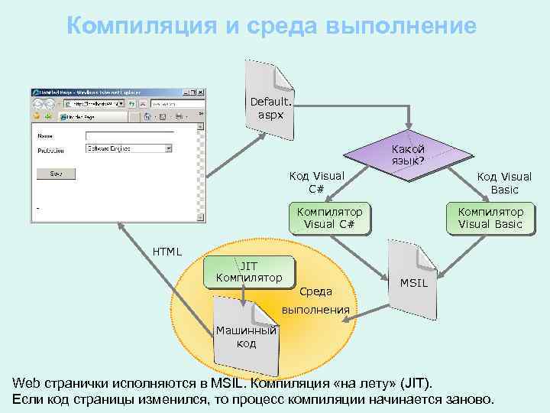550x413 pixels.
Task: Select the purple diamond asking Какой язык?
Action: click(x=409, y=155)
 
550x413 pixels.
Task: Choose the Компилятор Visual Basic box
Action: click(x=490, y=217)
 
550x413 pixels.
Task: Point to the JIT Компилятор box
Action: click(x=249, y=272)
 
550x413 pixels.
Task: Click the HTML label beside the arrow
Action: click(x=167, y=251)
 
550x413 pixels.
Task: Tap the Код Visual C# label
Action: click(x=316, y=182)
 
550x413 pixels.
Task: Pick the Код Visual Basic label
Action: click(x=504, y=183)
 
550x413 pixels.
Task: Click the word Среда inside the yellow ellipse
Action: click(x=315, y=291)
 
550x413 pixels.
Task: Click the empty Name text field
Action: click(x=129, y=136)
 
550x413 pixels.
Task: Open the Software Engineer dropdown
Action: click(x=129, y=148)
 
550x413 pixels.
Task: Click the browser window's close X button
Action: click(x=200, y=92)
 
